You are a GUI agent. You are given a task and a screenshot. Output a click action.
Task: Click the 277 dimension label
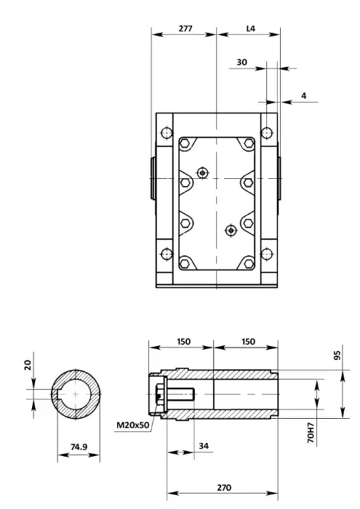pyautogui.click(x=185, y=28)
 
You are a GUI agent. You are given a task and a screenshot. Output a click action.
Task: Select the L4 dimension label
pyautogui.click(x=251, y=28)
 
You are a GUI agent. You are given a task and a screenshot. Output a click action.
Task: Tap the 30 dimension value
pyautogui.click(x=241, y=62)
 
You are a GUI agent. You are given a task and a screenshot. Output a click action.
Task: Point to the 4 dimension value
pyautogui.click(x=304, y=96)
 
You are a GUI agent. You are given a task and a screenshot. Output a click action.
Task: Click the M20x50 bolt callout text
pyautogui.click(x=133, y=425)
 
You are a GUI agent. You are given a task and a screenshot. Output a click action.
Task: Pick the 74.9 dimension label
pyautogui.click(x=79, y=447)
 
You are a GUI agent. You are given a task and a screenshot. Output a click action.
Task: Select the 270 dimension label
pyautogui.click(x=224, y=488)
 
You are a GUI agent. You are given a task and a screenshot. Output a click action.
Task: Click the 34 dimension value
pyautogui.click(x=204, y=446)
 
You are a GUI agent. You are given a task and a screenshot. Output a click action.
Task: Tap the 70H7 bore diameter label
pyautogui.click(x=311, y=433)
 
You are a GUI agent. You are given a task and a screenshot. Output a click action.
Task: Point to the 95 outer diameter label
pyautogui.click(x=337, y=355)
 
